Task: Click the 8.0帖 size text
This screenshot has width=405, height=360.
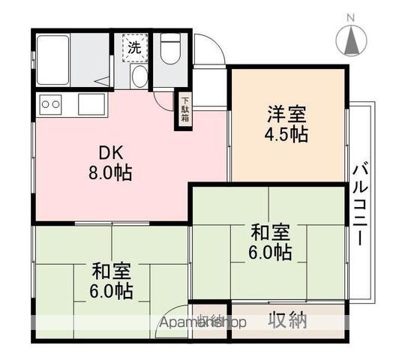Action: (x=109, y=173)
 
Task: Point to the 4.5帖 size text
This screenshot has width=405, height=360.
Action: (x=286, y=136)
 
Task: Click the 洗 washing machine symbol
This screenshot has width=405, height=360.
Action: (x=135, y=47)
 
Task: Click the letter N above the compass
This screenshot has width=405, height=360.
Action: (x=349, y=16)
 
